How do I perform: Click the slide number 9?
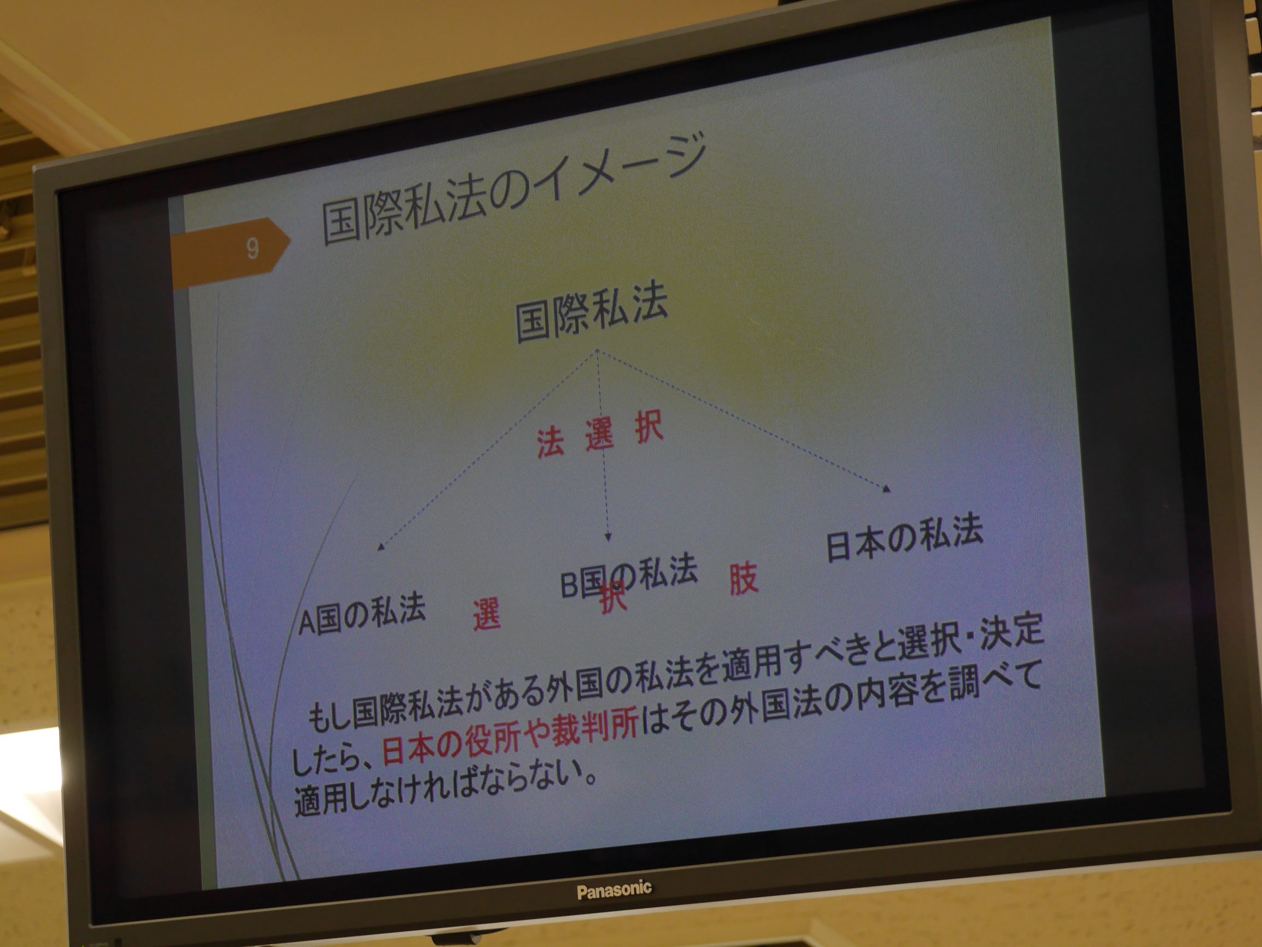252,249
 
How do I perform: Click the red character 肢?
743,579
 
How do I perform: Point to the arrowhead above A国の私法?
381,548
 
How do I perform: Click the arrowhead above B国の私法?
608,537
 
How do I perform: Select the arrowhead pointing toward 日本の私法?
886,489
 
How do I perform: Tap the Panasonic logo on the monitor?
614,890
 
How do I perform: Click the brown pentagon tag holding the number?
231,252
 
